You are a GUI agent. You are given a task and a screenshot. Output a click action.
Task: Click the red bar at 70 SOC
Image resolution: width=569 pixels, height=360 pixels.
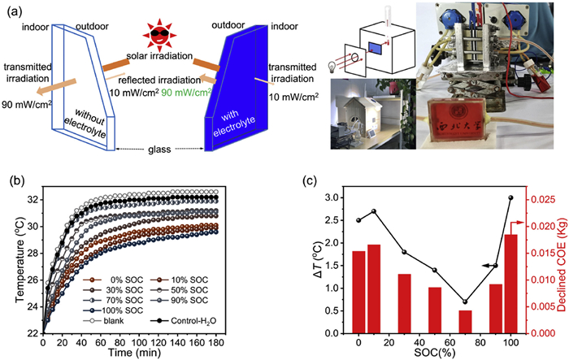coord(464,322)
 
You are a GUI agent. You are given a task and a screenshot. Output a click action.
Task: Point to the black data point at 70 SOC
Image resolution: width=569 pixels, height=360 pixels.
coord(464,301)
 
